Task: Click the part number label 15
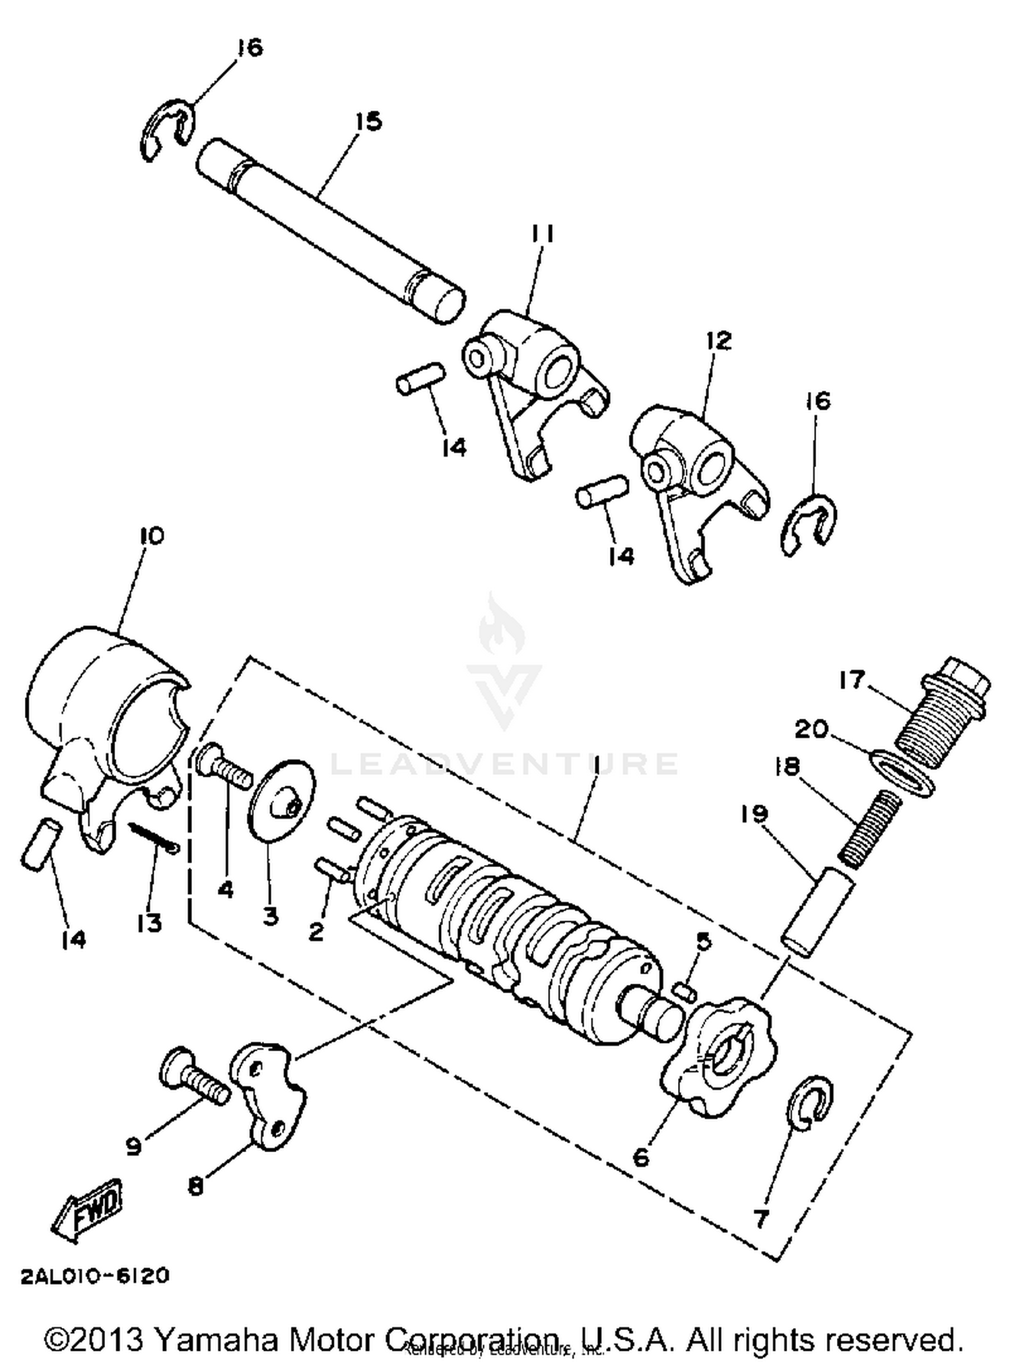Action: pyautogui.click(x=368, y=122)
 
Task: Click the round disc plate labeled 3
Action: pyautogui.click(x=281, y=801)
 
